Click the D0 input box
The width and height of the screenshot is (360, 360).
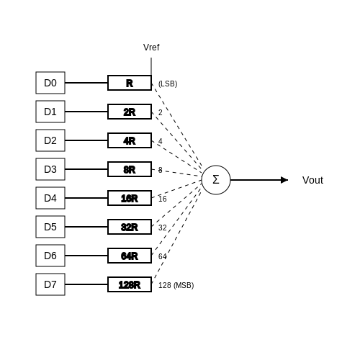coord(50,83)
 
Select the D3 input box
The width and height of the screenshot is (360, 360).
coord(50,169)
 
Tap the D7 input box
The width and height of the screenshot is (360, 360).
coord(50,284)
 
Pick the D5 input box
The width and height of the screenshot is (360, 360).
coord(50,227)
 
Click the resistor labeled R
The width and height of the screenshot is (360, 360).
coord(130,83)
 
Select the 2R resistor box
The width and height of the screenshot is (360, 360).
coord(130,112)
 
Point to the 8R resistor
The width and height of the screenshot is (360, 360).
coord(130,169)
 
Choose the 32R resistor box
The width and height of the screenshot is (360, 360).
coord(130,227)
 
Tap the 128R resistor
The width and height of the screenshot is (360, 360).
coord(130,284)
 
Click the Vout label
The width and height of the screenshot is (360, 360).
coord(312,180)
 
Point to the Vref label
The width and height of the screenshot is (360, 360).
coord(151,48)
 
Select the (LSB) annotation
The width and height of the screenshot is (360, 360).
coord(168,84)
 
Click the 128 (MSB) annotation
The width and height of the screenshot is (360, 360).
coord(176,285)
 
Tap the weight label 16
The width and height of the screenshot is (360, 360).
coord(163,199)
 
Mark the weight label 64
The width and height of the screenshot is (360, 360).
coord(163,256)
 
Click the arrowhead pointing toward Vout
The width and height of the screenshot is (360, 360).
coord(284,180)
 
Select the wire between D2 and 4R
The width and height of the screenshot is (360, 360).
coord(86,140)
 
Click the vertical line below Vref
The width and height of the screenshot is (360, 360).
coord(151,66)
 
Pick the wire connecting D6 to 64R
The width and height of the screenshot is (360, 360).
coord(86,256)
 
